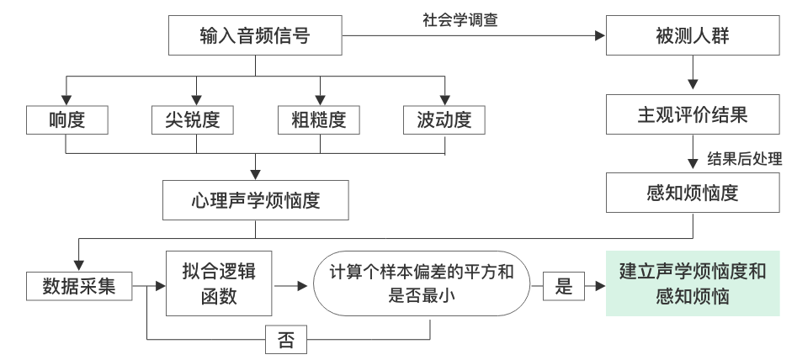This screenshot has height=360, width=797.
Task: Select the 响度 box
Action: coord(68,120)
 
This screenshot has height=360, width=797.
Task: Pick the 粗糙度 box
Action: coord(320,120)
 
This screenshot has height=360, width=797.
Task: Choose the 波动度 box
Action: coord(445,120)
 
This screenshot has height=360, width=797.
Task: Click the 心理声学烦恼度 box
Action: coord(254,202)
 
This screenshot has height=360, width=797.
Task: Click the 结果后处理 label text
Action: coord(745,158)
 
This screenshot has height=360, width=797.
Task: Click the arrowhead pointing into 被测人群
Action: coord(600,37)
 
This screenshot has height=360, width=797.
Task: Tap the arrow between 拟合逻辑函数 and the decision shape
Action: coord(290,287)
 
